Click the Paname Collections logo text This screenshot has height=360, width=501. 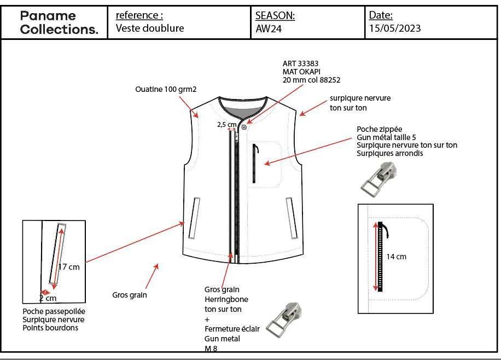pyautogui.click(x=59, y=22)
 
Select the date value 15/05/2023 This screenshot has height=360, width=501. pyautogui.click(x=395, y=28)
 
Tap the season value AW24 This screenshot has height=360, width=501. pyautogui.click(x=269, y=29)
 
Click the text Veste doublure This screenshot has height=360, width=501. pyautogui.click(x=150, y=28)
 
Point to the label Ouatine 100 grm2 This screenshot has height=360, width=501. pyautogui.click(x=166, y=89)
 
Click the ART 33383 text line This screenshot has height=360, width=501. pyautogui.click(x=301, y=63)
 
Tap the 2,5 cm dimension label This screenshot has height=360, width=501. pyautogui.click(x=226, y=124)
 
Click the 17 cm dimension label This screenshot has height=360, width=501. pyautogui.click(x=69, y=267)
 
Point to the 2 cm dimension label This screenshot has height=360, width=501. pyautogui.click(x=48, y=298)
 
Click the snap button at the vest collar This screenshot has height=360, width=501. pyautogui.click(x=243, y=127)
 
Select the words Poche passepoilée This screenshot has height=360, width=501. pyautogui.click(x=54, y=311)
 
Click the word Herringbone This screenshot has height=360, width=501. pyautogui.click(x=226, y=299)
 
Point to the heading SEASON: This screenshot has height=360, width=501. pyautogui.click(x=275, y=16)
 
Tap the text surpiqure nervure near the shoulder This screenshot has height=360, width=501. pyautogui.click(x=360, y=98)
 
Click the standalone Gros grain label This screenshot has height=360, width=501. pyautogui.click(x=130, y=295)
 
